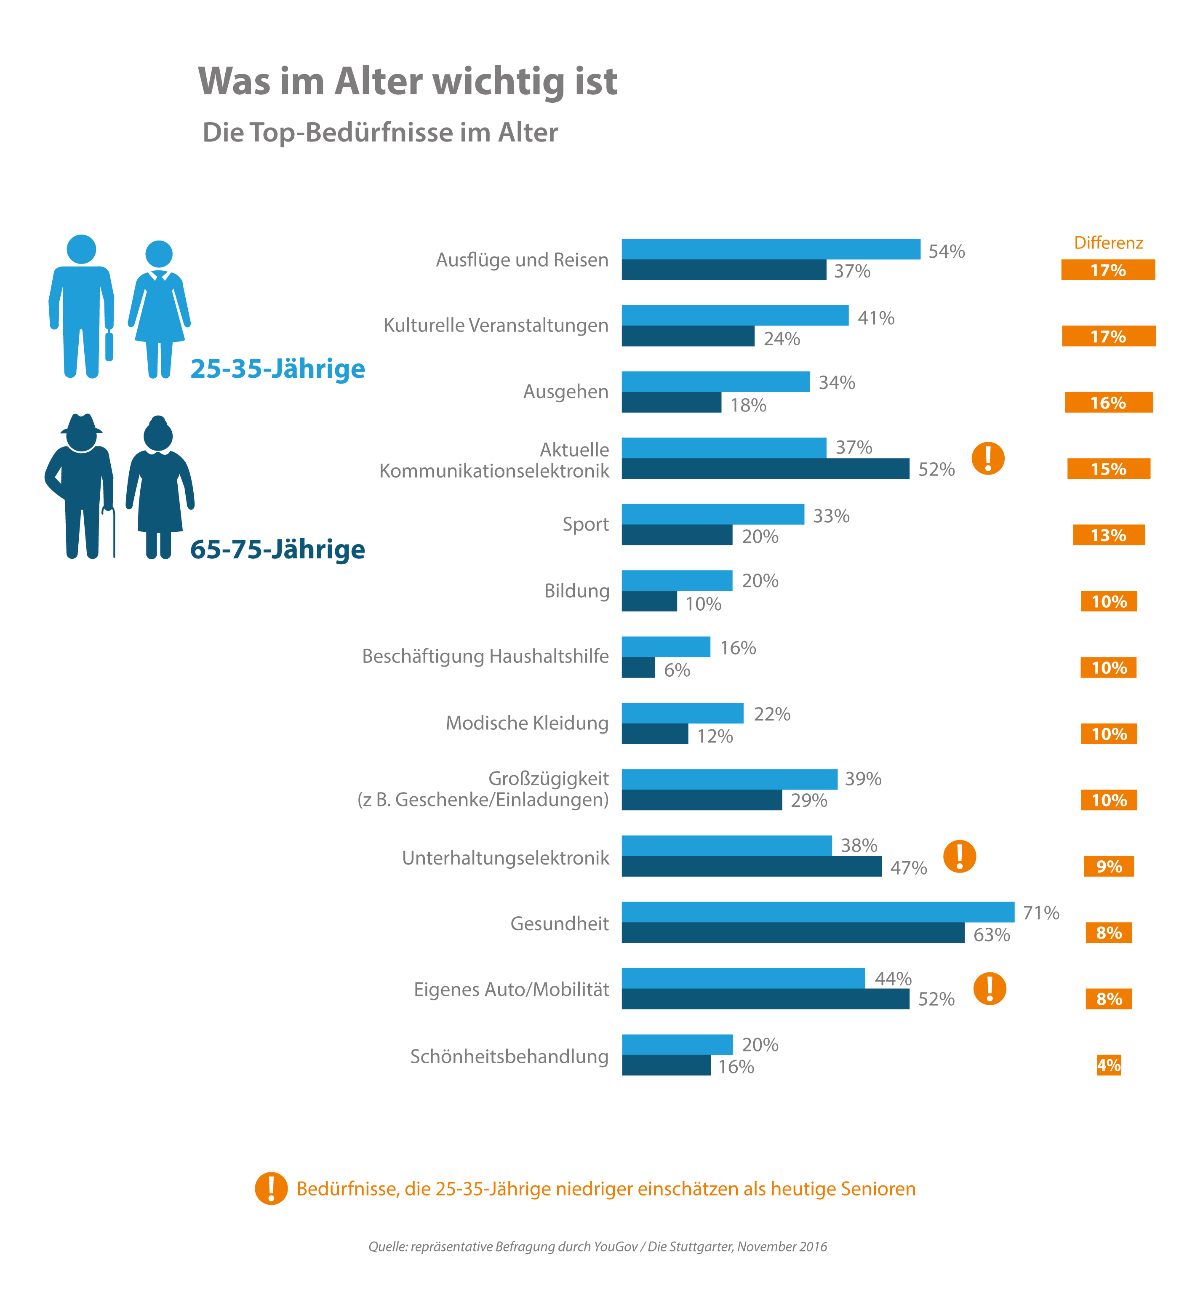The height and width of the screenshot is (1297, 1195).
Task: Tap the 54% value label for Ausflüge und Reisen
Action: click(x=946, y=251)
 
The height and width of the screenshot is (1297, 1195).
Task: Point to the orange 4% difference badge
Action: click(x=1108, y=1065)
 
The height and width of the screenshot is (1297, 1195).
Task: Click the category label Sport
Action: click(x=585, y=524)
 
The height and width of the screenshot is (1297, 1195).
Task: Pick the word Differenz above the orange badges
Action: click(x=1108, y=243)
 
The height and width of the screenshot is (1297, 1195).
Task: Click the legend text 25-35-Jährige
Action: click(x=277, y=368)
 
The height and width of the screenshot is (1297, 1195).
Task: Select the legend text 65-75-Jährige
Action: click(x=277, y=550)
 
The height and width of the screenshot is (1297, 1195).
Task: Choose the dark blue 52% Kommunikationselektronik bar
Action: click(x=765, y=469)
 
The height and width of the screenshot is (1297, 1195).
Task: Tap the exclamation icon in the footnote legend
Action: click(x=271, y=1188)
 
